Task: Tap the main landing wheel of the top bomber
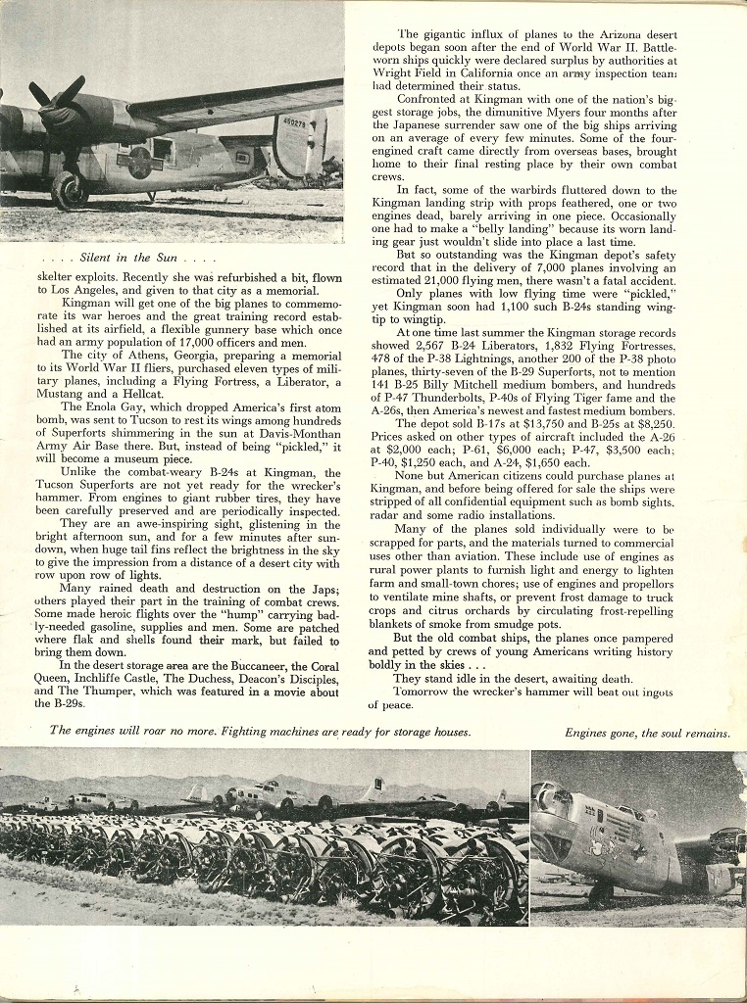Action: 69,190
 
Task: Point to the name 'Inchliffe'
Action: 102,679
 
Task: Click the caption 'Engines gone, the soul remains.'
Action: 647,733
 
